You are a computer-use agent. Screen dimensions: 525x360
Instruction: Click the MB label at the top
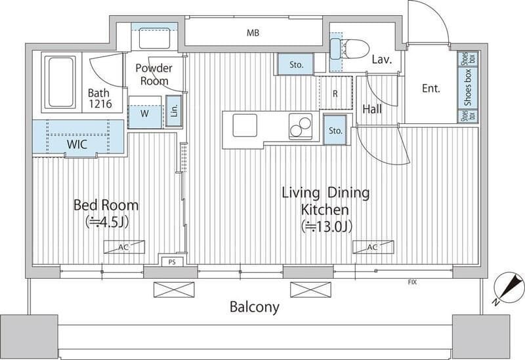coord(253,33)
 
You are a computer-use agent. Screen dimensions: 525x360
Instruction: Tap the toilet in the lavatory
coord(350,49)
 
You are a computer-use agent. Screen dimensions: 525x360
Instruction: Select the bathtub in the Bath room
coord(60,82)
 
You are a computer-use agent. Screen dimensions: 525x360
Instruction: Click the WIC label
coord(77,144)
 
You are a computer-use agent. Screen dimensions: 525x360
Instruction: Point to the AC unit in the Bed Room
coord(124,247)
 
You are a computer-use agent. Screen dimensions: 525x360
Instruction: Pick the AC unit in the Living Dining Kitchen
coord(373,247)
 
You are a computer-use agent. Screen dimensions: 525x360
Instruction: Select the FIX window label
coord(412,283)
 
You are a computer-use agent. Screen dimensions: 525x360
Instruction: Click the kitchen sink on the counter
coord(245,125)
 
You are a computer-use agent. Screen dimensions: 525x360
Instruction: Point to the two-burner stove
coord(301,127)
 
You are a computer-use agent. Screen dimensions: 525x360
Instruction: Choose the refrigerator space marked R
coord(335,92)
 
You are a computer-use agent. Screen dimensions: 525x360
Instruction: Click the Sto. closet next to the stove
coord(335,130)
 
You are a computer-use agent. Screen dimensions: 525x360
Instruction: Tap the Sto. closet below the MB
coord(296,64)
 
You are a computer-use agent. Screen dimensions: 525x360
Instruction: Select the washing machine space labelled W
coord(144,113)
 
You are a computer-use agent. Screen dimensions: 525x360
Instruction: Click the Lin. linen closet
coord(174,111)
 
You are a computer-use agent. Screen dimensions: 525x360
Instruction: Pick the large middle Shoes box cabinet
coord(468,87)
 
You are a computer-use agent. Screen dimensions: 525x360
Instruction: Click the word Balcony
coord(255,307)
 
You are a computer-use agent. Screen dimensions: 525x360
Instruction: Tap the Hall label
coord(372,109)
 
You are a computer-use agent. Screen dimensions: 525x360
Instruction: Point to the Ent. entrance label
coord(431,89)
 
